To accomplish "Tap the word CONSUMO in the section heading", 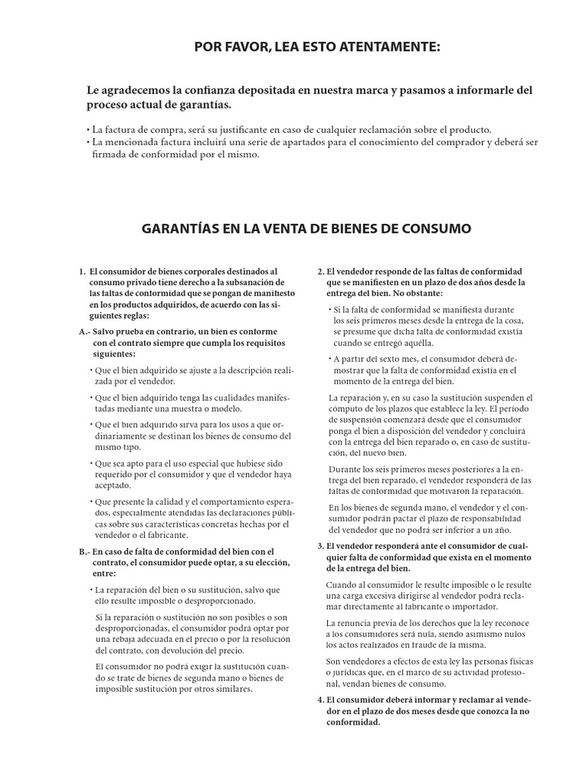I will (437, 228).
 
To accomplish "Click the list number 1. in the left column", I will (82, 271).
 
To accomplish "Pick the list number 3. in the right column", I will (320, 546).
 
